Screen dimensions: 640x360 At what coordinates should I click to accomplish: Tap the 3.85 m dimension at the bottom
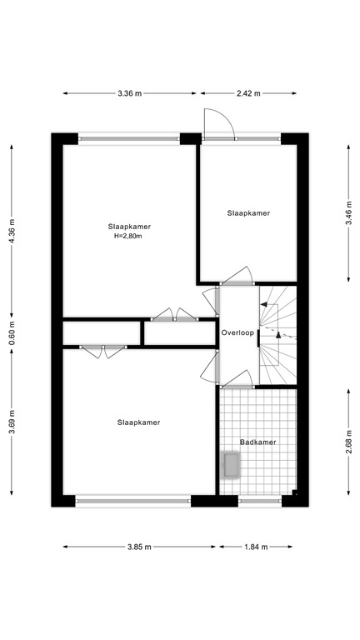[x=139, y=547]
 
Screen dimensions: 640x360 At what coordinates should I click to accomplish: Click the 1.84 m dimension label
[x=255, y=547]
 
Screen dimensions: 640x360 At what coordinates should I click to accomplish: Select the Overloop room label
[x=237, y=333]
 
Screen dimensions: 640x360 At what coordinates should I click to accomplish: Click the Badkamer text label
[x=257, y=442]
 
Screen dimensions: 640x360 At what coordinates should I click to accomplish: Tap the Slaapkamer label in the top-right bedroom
[x=248, y=213]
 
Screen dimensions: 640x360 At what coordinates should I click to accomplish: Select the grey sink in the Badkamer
[x=230, y=465]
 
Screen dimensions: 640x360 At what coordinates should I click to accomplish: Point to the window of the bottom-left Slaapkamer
[x=133, y=502]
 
